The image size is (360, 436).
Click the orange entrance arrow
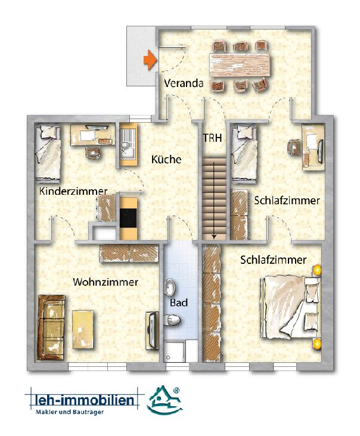[150, 60]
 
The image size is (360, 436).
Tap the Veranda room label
[184, 83]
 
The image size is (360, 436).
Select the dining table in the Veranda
[240, 65]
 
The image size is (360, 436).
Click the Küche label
[166, 159]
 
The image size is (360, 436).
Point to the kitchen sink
[128, 145]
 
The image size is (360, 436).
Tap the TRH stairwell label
[213, 138]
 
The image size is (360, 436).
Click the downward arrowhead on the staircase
[213, 236]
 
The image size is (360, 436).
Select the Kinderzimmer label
[73, 191]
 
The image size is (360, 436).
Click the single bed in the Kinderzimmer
[48, 152]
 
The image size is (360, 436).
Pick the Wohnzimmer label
[105, 282]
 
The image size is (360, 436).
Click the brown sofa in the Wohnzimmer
[51, 328]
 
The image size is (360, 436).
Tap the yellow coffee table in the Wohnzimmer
[83, 329]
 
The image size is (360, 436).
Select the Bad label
[179, 303]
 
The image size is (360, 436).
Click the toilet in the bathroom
[172, 320]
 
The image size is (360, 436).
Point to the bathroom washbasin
[170, 287]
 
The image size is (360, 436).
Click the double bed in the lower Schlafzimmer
[291, 307]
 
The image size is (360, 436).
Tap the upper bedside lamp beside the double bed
[316, 270]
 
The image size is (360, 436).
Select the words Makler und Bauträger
[70, 412]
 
